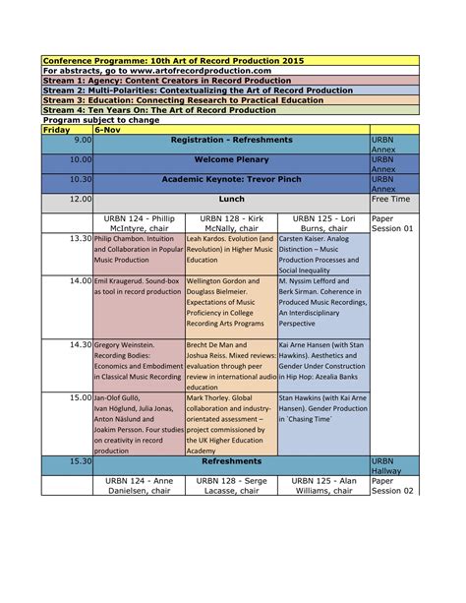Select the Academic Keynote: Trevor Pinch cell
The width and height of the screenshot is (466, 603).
tap(231, 181)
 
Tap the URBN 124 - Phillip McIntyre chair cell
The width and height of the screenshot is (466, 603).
tap(138, 221)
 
